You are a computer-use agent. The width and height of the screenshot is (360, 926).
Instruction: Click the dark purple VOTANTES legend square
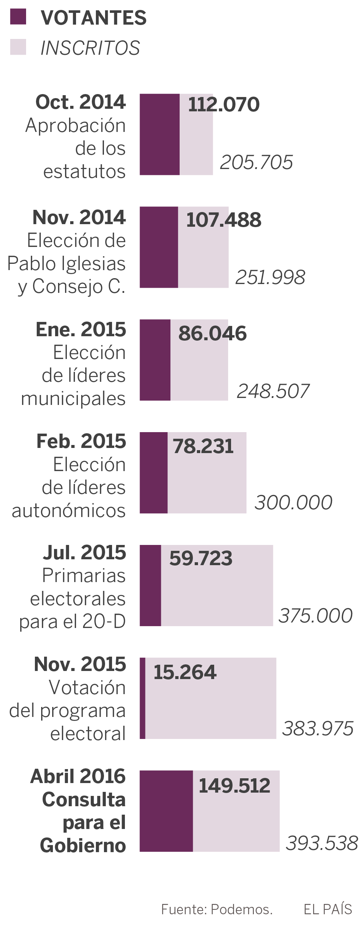18,17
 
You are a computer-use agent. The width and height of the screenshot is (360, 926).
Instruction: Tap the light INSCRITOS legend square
18,47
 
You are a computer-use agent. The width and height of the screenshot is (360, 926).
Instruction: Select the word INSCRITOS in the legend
90,48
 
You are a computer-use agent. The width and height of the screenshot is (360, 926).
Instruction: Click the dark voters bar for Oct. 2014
159,134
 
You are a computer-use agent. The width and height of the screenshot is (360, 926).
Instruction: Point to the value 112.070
224,104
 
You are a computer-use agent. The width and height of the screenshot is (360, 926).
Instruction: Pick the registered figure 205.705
256,162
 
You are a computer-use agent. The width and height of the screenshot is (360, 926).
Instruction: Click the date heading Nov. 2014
79,217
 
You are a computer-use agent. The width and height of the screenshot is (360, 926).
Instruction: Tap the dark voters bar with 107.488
159,247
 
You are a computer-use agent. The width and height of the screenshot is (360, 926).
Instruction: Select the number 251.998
270,277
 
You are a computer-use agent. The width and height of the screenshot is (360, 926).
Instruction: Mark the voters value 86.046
212,334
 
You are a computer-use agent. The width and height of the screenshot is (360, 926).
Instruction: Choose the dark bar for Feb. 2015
154,473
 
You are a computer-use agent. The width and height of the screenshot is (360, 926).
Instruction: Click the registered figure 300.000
293,502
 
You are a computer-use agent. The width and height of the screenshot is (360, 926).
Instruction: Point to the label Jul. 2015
84,553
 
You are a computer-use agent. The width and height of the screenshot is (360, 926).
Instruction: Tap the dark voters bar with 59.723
150,585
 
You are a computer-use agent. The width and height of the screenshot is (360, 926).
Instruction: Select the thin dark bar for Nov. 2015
143,698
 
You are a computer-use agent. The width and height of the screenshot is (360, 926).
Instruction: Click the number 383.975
318,728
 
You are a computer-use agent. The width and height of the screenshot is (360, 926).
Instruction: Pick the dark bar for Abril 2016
166,811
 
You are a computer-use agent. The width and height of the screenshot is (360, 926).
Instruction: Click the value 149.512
234,786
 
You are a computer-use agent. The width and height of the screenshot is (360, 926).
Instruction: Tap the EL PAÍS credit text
328,909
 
